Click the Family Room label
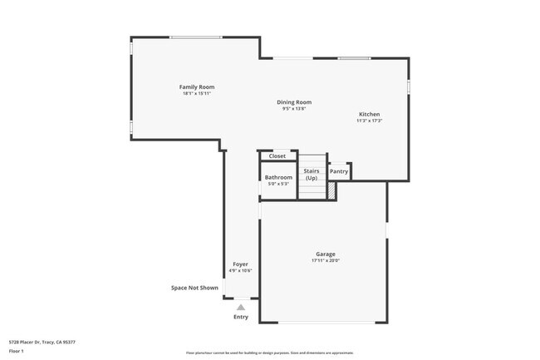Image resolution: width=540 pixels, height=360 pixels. pos(197,86)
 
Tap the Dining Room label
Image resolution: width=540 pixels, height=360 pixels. pos(294,102)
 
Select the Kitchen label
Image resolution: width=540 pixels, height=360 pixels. pos(369,114)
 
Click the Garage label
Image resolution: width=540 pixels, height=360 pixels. pos(325,254)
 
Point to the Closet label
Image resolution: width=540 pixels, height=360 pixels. pos(277,155)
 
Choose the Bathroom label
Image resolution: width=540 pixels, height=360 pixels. pos(278,177)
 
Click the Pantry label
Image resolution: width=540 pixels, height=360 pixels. pos(338,171)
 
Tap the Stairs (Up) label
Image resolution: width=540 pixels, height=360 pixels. pos(312,175)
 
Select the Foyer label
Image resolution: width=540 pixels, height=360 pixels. pos(240,264)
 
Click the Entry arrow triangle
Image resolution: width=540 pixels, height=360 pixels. pos(241,306)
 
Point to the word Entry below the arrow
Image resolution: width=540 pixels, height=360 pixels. pos(241,316)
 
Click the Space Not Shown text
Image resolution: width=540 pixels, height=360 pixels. pos(194,288)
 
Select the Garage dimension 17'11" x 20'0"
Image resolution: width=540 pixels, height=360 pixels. pos(325,260)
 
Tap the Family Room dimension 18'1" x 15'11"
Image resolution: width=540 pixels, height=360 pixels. pos(197,93)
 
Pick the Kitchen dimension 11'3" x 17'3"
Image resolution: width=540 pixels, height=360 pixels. pos(369,121)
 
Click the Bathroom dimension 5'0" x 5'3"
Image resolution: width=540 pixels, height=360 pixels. pos(278,184)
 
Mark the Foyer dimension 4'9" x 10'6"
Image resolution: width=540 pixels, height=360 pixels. pos(240,270)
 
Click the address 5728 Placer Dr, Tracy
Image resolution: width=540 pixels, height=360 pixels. pos(42,341)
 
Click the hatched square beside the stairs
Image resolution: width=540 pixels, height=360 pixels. pos(331,190)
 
